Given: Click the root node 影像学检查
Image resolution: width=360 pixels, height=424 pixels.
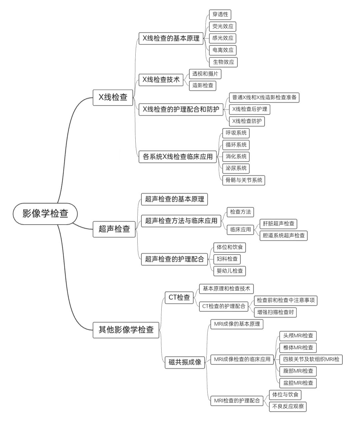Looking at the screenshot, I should pos(45,214).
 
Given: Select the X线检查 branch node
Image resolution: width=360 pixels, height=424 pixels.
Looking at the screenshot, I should pos(113,97).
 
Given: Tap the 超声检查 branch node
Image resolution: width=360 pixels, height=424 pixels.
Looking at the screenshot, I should pos(114,229).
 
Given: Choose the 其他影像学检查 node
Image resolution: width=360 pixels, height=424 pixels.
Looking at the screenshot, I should pos(126,330).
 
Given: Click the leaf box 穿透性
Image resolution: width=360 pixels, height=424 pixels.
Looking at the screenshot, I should pos(220,14).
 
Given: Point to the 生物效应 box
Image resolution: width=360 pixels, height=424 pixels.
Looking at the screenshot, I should pos(223,62).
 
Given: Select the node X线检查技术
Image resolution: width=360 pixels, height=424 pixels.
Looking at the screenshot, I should pos(161,79).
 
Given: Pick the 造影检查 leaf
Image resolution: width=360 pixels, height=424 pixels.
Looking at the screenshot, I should pos(203,85).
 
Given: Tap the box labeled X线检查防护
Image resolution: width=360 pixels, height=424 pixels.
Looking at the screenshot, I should pos(247,121).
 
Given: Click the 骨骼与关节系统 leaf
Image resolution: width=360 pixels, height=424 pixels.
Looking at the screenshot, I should pos(244,180).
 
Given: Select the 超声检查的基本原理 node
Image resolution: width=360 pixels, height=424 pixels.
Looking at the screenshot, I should pos(174,199).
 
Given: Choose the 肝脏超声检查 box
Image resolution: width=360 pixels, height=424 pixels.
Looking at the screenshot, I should pos(278,224).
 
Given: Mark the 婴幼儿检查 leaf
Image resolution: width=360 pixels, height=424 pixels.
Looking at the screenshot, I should pos(230,271).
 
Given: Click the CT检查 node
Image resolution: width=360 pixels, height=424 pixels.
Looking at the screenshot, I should pos(179,297).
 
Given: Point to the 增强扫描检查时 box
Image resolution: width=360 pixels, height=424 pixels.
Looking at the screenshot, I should pos(275,312).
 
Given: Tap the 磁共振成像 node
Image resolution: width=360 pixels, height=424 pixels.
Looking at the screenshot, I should pos(185,362).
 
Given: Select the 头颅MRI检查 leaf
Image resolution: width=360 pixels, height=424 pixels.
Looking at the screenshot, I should pos(298,336).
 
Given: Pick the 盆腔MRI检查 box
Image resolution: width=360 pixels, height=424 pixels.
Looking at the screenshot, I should pos(298,383).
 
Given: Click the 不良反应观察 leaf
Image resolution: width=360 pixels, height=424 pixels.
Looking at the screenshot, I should pos(288,406).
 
